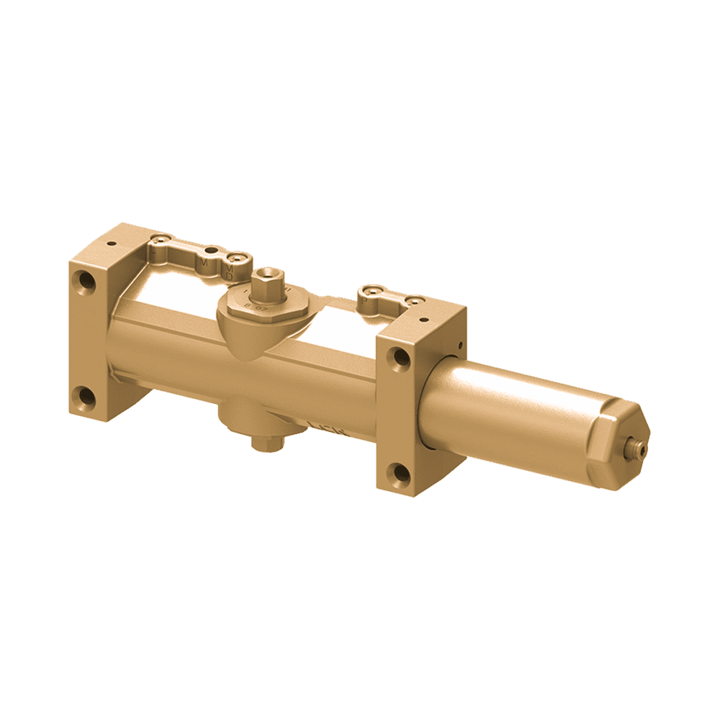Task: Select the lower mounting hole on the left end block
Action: [x=85, y=395]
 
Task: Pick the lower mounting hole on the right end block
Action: [x=398, y=472]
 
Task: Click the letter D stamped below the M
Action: [x=229, y=275]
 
